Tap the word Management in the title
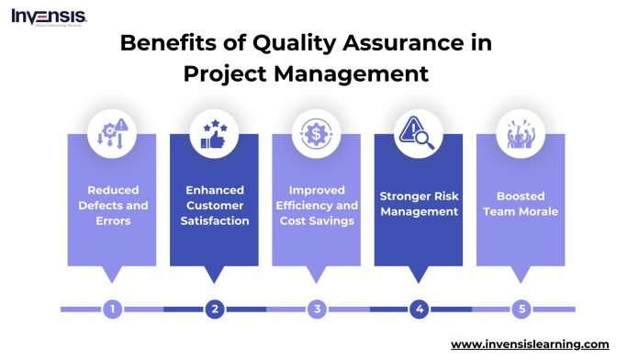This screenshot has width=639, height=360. coord(353,73)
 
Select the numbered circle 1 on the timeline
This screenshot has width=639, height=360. coord(112,309)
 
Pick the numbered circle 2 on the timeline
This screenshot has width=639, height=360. coord(215,309)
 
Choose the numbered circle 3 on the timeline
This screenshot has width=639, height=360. coord(317,309)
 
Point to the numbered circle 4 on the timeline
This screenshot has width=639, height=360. coord(420,309)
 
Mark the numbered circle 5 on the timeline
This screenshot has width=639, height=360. coord(521,309)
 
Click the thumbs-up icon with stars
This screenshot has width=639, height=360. coord(215,135)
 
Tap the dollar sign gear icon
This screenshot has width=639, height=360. coord(317,135)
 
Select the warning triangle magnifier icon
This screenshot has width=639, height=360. coord(420,135)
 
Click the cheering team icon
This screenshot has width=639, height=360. coord(521,135)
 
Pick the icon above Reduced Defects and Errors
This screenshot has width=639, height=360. coord(112,135)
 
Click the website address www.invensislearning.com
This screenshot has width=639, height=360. coord(530,343)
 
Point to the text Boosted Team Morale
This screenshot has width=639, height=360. coord(521,204)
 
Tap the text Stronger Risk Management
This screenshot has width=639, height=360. coord(420,204)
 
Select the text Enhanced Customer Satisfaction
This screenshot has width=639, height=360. coord(215,205)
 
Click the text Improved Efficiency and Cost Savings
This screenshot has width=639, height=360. coord(317,205)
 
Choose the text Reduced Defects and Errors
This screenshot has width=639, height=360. coord(112,205)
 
